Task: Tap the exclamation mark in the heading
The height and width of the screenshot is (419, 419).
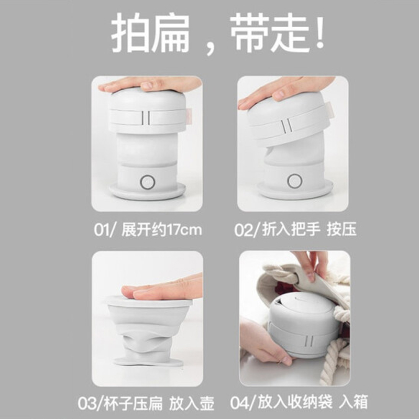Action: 319,32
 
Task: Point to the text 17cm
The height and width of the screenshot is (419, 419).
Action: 184,230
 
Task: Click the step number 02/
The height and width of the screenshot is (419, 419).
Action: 246,230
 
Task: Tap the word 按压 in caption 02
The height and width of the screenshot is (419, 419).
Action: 342,229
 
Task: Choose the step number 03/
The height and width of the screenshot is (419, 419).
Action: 90,403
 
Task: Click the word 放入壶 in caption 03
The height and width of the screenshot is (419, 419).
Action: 192,403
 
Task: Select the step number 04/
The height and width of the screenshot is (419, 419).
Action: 242,402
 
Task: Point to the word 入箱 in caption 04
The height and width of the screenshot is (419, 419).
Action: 353,402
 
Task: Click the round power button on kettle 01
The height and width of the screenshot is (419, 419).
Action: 148,182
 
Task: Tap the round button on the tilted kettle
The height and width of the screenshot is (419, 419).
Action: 294,181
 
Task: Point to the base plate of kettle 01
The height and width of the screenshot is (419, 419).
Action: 147,191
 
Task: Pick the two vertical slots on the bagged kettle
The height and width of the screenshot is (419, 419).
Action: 309,341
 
